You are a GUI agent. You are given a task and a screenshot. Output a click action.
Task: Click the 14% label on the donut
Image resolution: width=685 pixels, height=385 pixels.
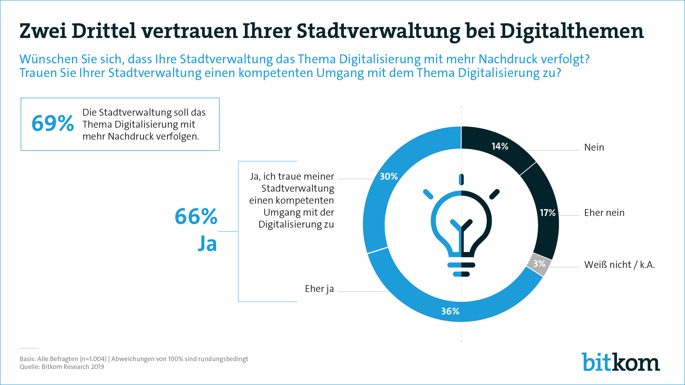pos(500,146)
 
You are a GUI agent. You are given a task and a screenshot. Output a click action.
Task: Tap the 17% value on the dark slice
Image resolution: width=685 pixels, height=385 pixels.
pos(547,213)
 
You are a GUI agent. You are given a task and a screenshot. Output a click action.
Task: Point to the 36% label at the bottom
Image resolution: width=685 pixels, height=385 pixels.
pos(450,311)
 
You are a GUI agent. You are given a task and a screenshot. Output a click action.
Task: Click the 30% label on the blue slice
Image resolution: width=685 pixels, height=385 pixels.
pos(389,177)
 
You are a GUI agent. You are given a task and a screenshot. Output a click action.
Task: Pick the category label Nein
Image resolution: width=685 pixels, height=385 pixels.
pos(594,147)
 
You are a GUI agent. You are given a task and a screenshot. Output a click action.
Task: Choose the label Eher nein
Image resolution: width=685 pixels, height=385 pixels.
pos(604,213)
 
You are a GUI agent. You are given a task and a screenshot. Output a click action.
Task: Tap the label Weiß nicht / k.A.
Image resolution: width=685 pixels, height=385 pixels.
pos(619,265)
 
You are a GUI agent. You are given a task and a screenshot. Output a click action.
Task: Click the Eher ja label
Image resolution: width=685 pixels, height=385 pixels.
pos(319,289)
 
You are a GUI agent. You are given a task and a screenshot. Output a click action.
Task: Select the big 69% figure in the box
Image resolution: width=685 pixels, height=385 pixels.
pos(53,124)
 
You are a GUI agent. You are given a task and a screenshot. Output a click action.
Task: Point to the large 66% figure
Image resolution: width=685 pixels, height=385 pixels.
pos(196,217)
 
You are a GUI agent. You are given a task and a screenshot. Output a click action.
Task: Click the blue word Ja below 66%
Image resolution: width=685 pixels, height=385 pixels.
pos(208,244)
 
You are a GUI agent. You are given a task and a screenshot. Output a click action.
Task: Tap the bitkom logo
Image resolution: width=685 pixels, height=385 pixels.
pos(620,362)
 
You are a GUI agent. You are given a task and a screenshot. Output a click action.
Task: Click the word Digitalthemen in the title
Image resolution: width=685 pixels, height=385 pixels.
pos(572,31)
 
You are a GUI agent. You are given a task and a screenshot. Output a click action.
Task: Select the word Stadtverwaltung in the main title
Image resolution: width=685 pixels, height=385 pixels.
pos(378,31)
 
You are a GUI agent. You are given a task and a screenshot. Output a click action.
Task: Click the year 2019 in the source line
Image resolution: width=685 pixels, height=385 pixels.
pos(97,367)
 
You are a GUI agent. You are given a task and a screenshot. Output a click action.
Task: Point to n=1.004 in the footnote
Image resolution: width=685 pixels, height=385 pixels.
pos(93,359)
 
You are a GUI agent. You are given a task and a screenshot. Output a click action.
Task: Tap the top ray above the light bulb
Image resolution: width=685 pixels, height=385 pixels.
pos(461,179)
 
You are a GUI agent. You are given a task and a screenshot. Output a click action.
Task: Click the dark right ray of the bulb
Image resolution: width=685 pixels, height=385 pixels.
pos(494,194)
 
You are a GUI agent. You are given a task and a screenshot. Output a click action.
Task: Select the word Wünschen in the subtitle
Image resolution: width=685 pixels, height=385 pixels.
pos(48,59)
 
